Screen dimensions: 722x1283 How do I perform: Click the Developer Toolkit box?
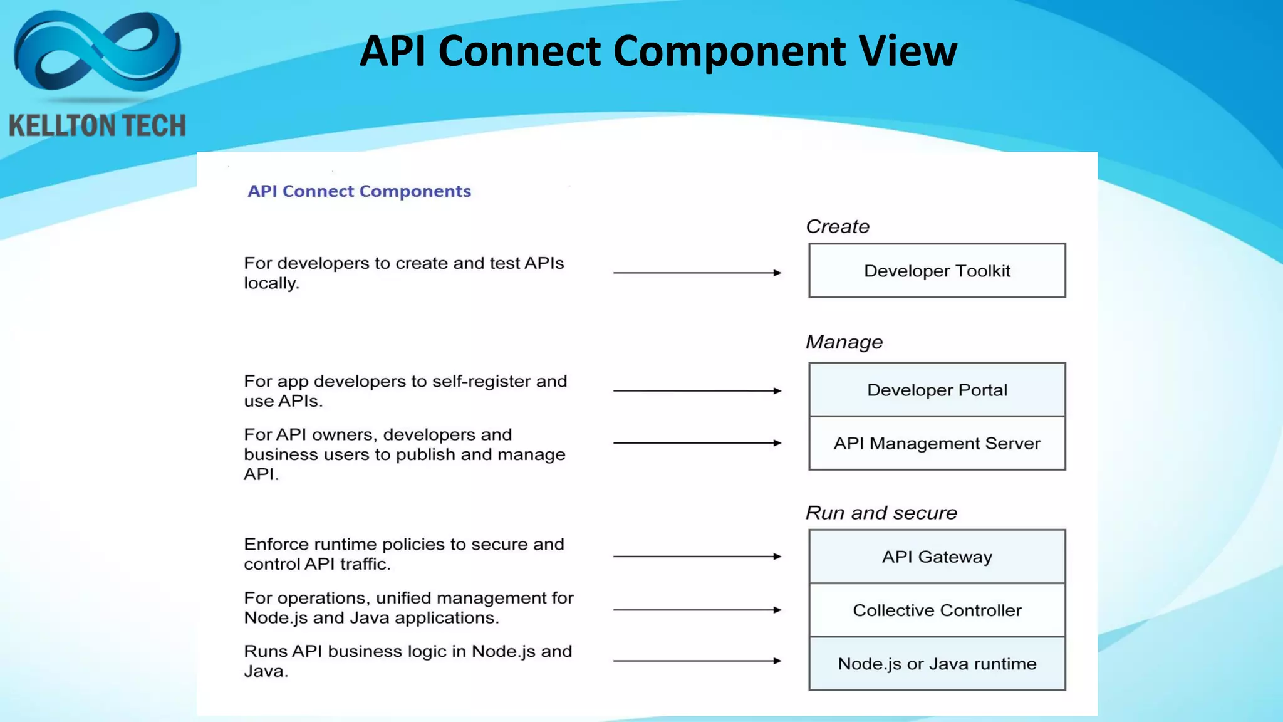(x=937, y=271)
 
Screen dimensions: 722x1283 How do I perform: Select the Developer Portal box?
(x=937, y=390)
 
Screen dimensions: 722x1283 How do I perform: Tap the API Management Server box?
(x=937, y=443)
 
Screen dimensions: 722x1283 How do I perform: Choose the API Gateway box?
(x=937, y=557)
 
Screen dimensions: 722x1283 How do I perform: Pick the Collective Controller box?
(x=937, y=610)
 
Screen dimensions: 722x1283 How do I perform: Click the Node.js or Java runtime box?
(x=937, y=664)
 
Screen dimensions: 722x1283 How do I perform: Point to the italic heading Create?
(x=838, y=226)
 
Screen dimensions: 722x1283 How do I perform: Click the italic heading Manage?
(x=844, y=342)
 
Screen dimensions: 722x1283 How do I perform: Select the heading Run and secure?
(x=881, y=513)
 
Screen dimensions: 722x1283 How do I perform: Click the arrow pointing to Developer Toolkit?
(x=697, y=273)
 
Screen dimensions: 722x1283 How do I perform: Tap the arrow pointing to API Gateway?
(x=697, y=557)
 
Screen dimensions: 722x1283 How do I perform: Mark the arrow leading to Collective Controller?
(x=697, y=610)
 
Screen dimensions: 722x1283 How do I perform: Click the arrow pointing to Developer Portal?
(x=697, y=390)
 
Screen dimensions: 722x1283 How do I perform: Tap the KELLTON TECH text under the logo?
(x=97, y=126)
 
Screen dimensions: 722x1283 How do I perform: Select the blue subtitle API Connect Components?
(x=359, y=191)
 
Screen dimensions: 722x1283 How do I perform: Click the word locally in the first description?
(x=271, y=283)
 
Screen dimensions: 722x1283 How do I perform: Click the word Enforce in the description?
(x=276, y=544)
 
